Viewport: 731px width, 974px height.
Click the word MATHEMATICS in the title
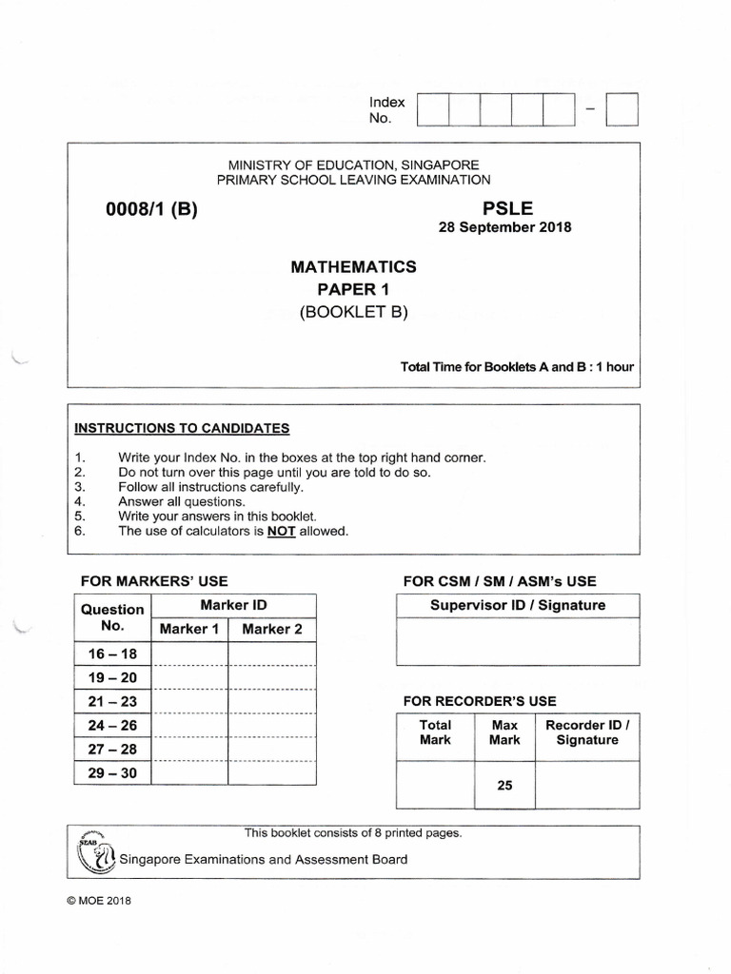(353, 267)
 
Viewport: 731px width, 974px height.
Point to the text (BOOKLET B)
(353, 311)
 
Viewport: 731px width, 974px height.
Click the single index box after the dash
(622, 109)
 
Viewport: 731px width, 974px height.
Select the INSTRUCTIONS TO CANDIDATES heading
(182, 428)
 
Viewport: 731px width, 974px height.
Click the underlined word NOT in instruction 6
(281, 532)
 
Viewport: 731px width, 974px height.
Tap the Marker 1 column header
(189, 629)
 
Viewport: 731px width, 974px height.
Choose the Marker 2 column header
(272, 629)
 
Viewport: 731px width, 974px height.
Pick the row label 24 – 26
(112, 725)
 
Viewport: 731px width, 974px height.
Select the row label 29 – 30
(112, 773)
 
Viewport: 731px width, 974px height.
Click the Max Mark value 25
(504, 786)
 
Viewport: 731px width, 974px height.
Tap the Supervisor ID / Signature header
(518, 605)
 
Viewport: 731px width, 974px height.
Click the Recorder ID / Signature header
(587, 732)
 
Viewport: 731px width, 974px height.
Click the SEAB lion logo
(91, 852)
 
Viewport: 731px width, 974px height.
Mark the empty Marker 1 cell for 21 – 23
(189, 701)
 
